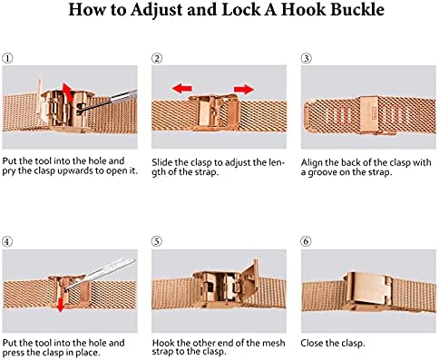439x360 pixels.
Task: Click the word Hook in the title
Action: [x=303, y=10]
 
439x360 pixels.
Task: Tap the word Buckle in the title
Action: [x=357, y=10]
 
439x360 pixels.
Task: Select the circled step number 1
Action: [x=7, y=58]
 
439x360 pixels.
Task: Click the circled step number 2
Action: [x=157, y=58]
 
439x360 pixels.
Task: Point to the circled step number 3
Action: [x=307, y=58]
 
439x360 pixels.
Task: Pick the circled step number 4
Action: [x=7, y=241]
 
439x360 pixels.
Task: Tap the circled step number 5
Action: [x=157, y=241]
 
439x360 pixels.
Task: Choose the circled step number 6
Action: [x=307, y=241]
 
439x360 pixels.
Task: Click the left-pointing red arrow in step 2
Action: [x=181, y=89]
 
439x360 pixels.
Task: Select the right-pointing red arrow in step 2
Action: [x=244, y=89]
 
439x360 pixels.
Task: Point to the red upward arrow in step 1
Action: [x=68, y=92]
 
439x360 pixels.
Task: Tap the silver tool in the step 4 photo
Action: [x=100, y=274]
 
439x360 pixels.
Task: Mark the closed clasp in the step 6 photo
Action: [x=368, y=290]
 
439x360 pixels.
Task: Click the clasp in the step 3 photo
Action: [x=369, y=115]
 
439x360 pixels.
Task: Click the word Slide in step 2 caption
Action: [x=161, y=162]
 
